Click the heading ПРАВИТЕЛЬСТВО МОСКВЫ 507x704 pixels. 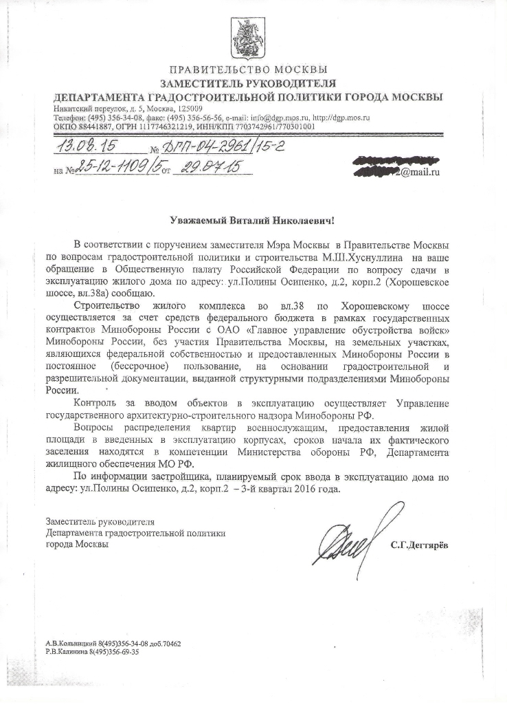(x=247, y=69)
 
